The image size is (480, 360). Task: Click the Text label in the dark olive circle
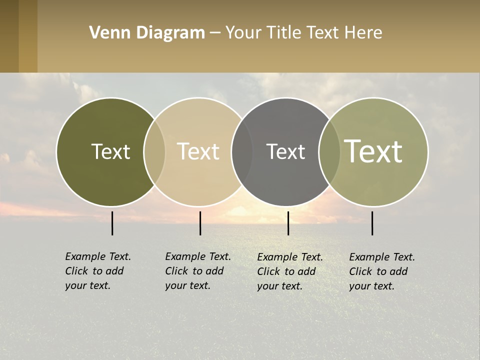110,151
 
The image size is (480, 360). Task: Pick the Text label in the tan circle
198,151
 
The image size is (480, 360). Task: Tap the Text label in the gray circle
285,151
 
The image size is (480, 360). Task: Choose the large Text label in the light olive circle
373,151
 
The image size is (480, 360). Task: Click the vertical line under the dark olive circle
112,223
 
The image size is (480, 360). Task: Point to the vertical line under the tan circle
200,223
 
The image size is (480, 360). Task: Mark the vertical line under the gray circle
288,223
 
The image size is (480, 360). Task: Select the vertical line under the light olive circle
372,223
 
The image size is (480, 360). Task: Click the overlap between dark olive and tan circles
154,151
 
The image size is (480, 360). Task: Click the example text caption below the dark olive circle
98,271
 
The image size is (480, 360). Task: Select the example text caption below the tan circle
198,271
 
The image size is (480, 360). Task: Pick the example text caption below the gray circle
290,271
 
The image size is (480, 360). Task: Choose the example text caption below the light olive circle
382,271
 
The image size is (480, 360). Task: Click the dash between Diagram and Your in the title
215,33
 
